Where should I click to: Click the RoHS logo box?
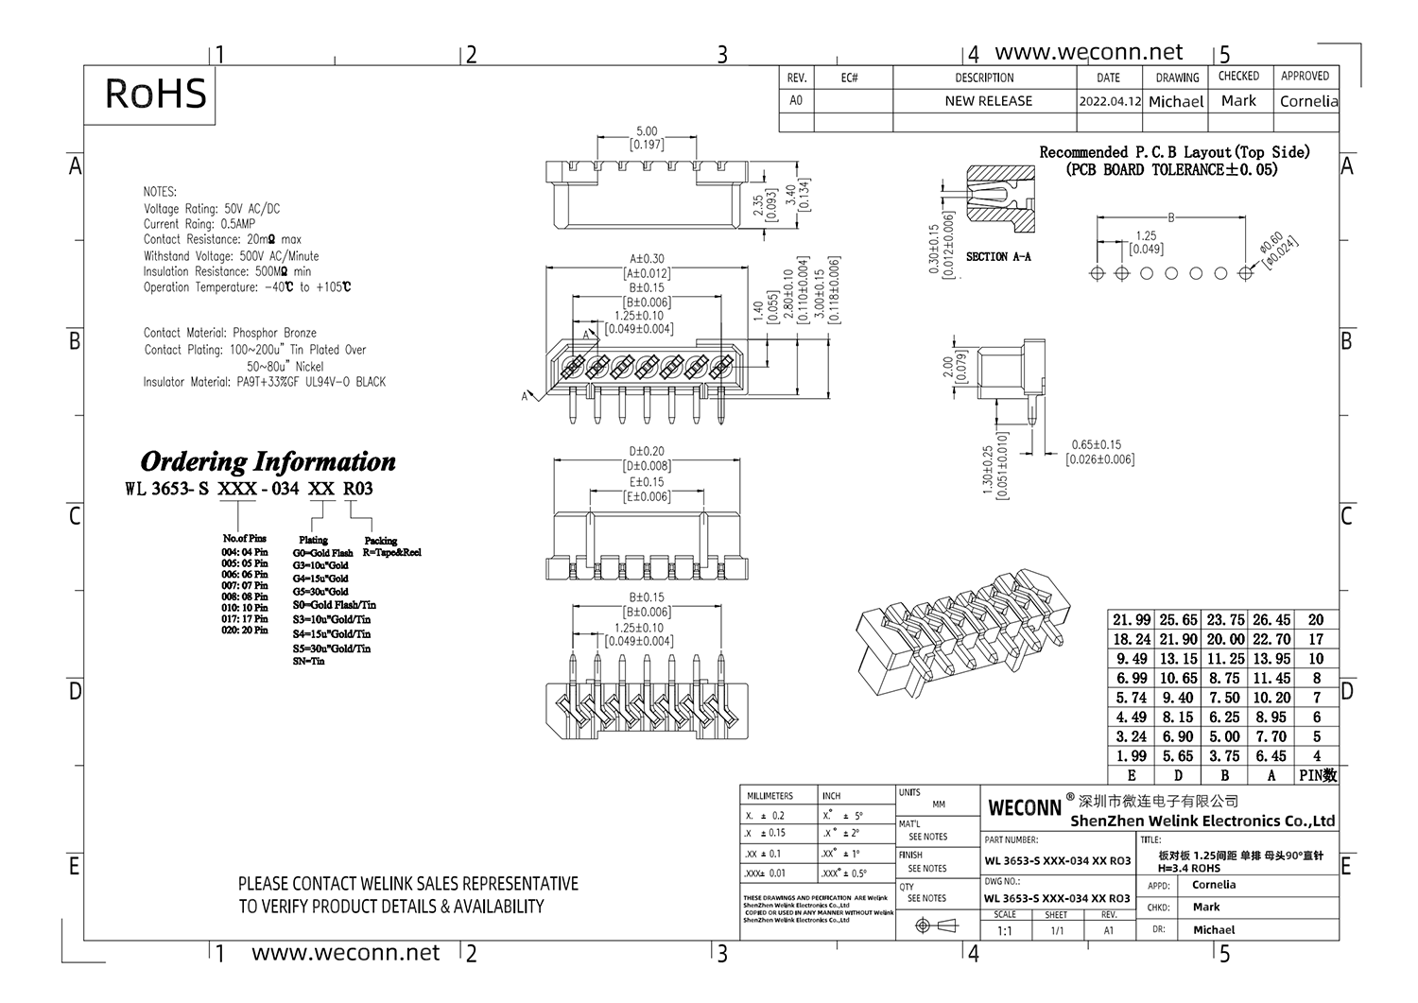[x=154, y=95]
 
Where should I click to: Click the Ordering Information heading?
[x=268, y=461]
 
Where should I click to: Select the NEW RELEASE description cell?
[x=988, y=101]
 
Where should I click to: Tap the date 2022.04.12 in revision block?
[x=1110, y=101]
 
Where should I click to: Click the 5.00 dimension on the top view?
[x=647, y=131]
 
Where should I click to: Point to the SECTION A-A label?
[x=998, y=256]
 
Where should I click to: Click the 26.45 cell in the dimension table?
[x=1271, y=620]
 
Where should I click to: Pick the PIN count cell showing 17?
[x=1316, y=640]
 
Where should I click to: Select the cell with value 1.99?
[x=1132, y=756]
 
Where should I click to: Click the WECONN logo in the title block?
[x=1025, y=807]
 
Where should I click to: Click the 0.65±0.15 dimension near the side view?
[x=1096, y=444]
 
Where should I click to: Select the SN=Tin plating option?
[x=308, y=662]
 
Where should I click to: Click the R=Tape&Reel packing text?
[x=391, y=552]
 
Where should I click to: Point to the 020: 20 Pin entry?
[x=245, y=630]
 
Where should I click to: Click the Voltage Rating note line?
[x=212, y=209]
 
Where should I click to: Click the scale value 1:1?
[x=1004, y=931]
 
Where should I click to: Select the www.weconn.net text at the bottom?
[x=345, y=953]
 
